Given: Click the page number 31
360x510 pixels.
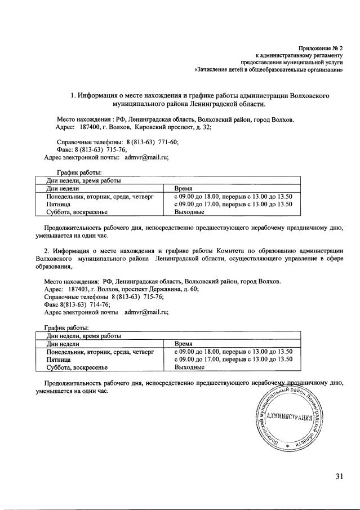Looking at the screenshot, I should coord(339,476).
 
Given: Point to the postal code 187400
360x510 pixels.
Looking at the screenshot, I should coord(91,128).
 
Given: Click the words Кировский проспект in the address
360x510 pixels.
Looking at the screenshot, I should coord(158,128).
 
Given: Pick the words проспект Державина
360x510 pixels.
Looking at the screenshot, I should coord(159,288).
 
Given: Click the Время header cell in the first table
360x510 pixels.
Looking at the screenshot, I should coord(184,188).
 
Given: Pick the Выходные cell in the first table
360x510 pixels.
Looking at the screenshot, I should coord(189,212).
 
